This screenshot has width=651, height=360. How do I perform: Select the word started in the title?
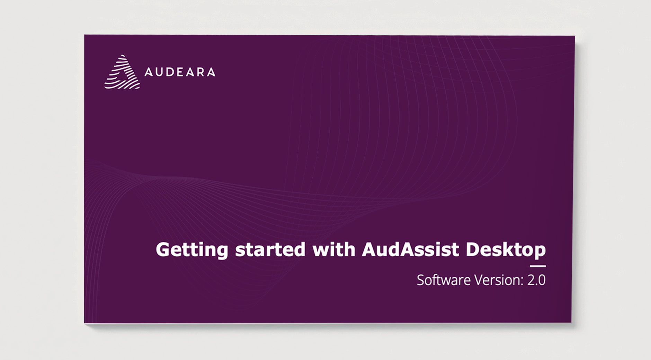[270, 249]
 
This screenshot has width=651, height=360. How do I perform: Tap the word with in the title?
[334, 249]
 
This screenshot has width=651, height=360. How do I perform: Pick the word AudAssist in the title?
[410, 249]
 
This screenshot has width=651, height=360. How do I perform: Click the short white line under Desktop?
[538, 266]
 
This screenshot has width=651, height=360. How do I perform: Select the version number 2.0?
[536, 280]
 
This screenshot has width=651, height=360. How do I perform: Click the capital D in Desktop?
[473, 249]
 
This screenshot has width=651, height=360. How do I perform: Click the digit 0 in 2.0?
[542, 280]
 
